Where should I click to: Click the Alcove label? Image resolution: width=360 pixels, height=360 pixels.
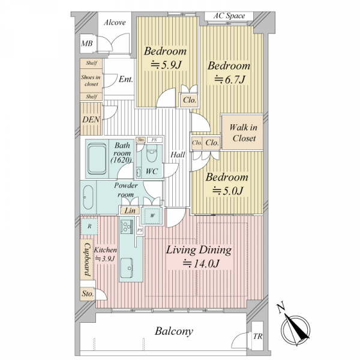[115, 23]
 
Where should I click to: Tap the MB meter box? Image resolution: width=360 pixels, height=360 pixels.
[87, 43]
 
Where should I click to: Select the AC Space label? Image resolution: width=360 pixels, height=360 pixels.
[229, 16]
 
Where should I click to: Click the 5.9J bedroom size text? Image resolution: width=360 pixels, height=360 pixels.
[166, 65]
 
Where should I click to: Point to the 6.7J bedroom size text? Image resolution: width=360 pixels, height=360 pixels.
[230, 80]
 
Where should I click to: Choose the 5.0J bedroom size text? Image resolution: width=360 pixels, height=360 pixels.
[227, 191]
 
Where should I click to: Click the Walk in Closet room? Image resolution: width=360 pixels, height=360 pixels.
[242, 133]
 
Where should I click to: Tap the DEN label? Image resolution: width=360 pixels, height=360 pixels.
[91, 119]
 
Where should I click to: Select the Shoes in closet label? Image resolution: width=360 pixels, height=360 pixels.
[91, 80]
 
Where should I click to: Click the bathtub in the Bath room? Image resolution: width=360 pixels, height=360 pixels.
[97, 159]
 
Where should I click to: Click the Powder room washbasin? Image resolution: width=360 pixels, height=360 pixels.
[88, 197]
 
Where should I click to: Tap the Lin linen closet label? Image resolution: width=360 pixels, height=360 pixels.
[130, 211]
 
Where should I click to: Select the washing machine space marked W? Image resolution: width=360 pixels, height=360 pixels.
[152, 215]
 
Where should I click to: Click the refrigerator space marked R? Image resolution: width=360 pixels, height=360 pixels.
[89, 226]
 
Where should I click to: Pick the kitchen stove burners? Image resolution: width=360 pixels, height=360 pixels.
[127, 227]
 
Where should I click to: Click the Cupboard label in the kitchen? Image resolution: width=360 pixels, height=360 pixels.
[87, 259]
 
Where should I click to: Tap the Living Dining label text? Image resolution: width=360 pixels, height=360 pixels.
[199, 250]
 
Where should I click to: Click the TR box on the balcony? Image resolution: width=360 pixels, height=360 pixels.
[257, 337]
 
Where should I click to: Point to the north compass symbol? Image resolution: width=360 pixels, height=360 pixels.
[295, 330]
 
